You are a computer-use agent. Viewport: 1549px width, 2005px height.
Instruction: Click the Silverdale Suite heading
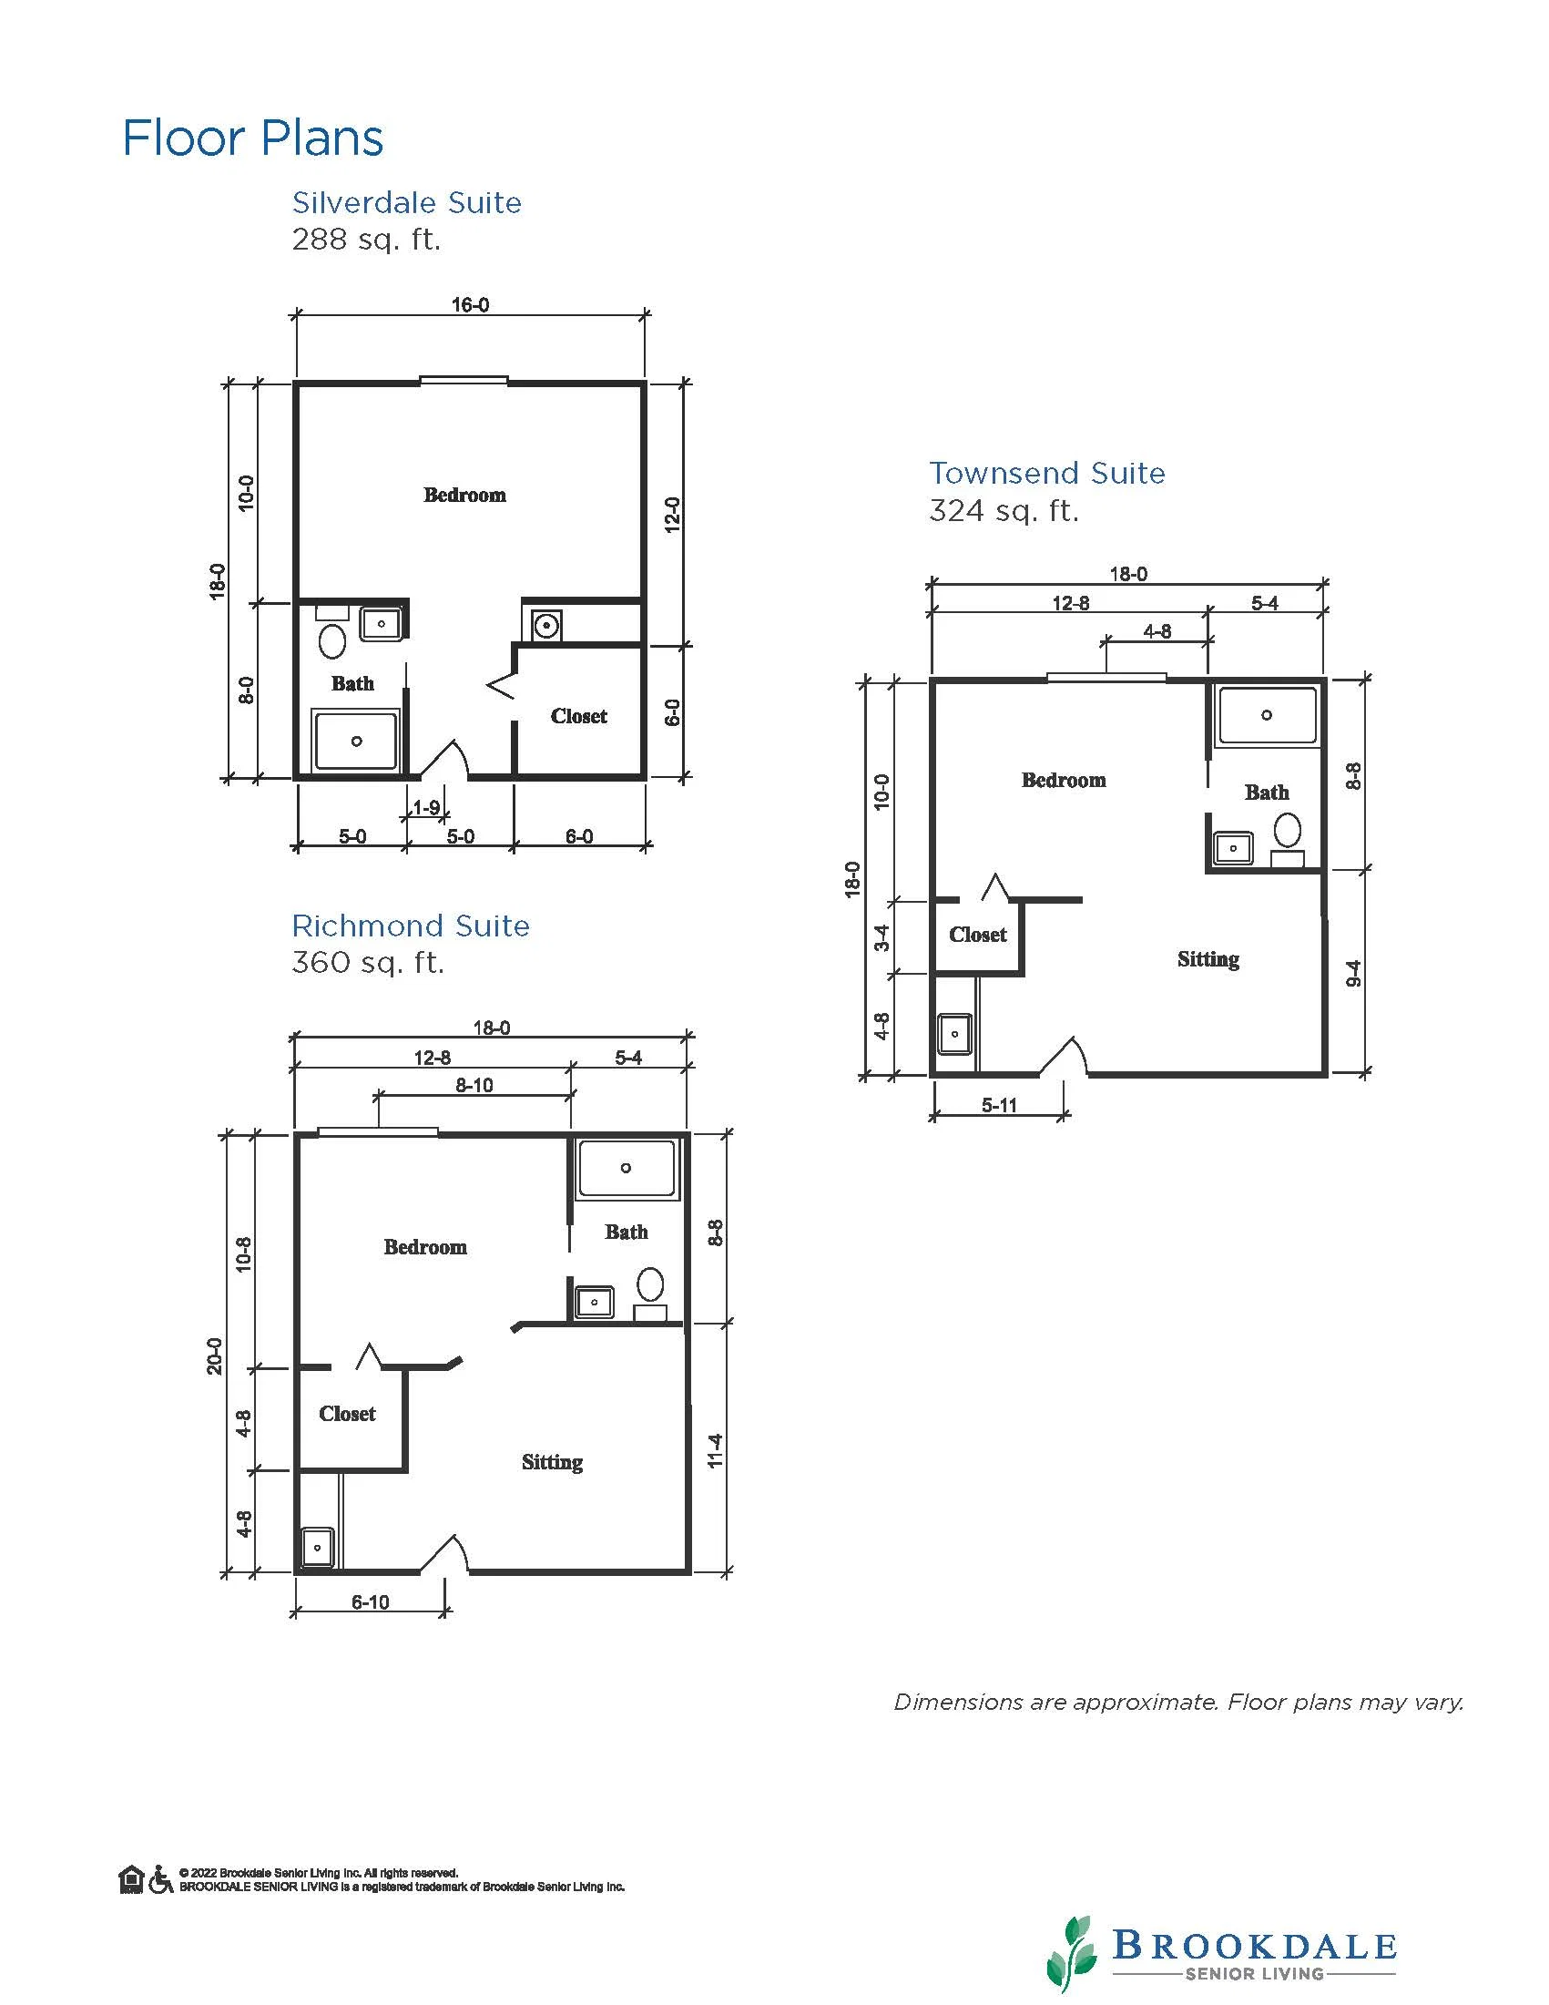coord(406,202)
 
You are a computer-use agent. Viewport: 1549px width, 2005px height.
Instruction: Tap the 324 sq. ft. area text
coord(1003,510)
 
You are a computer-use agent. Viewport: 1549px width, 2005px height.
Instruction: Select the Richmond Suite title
coord(410,926)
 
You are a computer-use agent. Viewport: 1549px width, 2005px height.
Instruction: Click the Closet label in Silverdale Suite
coord(579,716)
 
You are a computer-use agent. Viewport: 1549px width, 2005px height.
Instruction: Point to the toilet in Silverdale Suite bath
coord(332,639)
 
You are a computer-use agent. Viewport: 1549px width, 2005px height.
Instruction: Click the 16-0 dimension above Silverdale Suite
coord(470,305)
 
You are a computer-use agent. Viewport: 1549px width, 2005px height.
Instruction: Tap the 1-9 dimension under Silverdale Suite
coord(426,808)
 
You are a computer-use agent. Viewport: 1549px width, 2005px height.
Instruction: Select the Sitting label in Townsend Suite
coord(1208,959)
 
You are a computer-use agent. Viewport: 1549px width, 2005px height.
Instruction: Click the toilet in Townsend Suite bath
coord(1288,830)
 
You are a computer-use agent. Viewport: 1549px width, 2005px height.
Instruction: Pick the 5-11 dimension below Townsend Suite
coord(999,1105)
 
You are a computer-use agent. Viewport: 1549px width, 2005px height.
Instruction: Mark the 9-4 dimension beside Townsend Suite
coord(1353,973)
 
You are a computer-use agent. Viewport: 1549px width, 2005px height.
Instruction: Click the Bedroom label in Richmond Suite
coord(425,1248)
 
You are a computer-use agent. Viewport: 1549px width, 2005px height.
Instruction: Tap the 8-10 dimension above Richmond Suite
coord(474,1085)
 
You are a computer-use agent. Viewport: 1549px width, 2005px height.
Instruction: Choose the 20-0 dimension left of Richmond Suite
coord(215,1355)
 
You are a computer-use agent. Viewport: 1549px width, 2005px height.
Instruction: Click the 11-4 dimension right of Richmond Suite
coord(716,1450)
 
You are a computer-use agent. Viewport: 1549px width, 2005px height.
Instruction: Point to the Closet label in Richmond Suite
coord(347,1414)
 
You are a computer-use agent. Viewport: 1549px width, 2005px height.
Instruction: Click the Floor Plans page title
coord(252,138)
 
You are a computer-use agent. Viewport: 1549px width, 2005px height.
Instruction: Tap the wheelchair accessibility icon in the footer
coord(160,1879)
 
